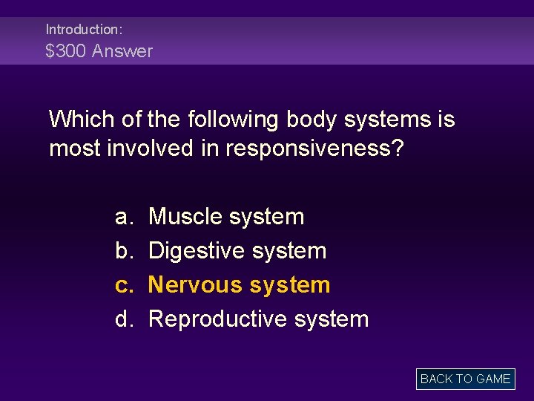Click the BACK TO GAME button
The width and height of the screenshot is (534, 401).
click(465, 379)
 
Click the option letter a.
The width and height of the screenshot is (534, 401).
click(122, 217)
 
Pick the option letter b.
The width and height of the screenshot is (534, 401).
click(122, 251)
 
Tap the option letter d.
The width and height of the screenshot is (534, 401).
click(122, 319)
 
